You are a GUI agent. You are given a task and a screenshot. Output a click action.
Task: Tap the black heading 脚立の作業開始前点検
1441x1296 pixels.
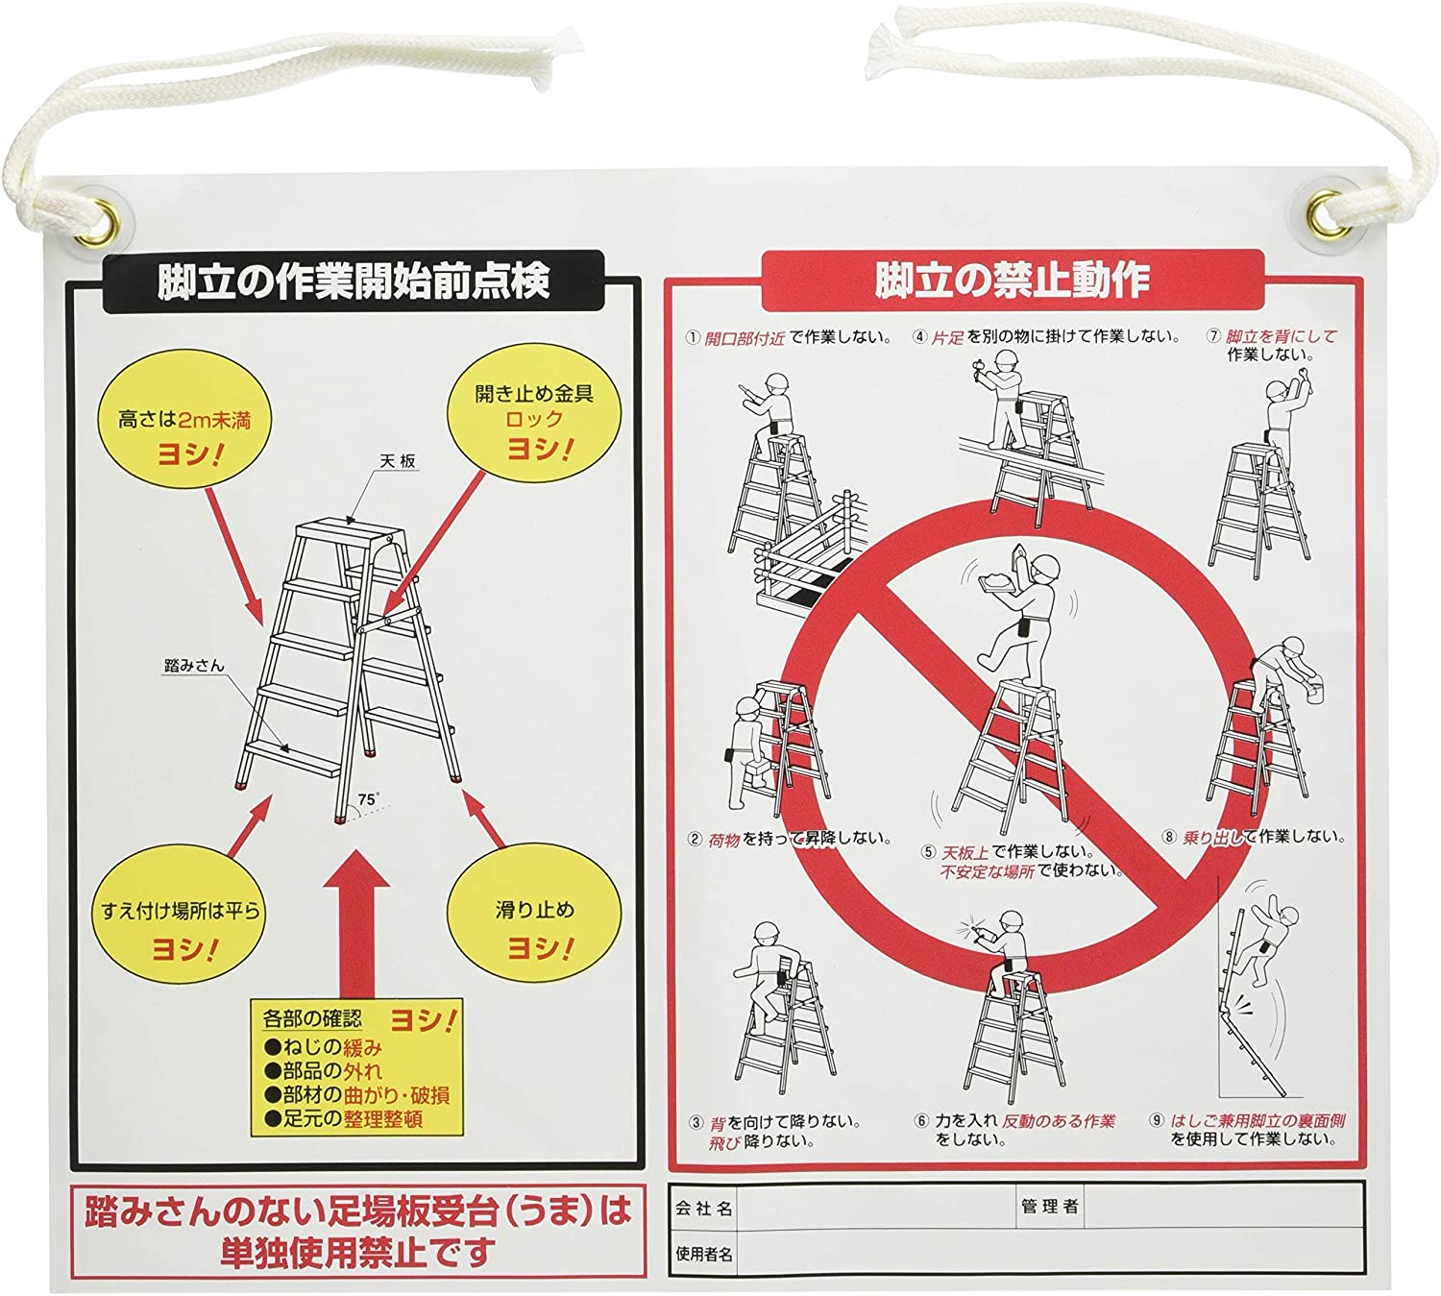point(354,281)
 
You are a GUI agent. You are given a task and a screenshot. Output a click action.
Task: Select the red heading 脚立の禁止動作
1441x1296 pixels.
point(1013,280)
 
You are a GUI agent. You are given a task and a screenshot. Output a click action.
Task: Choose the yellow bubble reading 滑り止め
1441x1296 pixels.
point(534,927)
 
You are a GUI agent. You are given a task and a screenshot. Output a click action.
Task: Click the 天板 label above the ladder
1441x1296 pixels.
point(398,460)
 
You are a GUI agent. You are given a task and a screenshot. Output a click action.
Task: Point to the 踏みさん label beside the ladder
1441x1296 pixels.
point(194,665)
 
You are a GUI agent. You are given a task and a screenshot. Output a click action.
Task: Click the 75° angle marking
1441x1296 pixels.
point(369,799)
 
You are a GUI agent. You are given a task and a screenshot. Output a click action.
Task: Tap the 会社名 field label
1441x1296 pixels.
point(704,1208)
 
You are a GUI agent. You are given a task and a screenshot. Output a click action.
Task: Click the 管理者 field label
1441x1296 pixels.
point(1050,1207)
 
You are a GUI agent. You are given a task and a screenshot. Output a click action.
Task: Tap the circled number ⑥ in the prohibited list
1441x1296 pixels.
point(921,1121)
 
